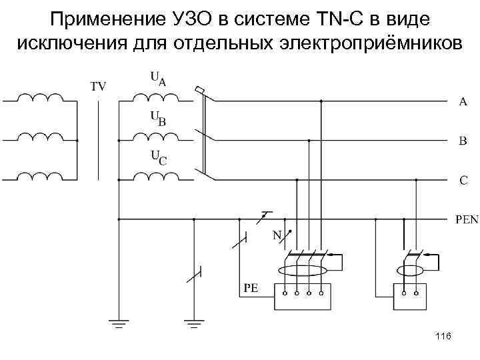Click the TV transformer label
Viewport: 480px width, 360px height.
point(98,86)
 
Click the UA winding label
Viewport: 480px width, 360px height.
point(158,79)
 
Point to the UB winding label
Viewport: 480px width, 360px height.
point(158,119)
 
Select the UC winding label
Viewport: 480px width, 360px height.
point(158,158)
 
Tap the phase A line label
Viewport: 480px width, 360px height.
point(463,102)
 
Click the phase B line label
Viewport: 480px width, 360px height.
point(463,141)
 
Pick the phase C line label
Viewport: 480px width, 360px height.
point(463,180)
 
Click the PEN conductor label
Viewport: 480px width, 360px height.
point(466,219)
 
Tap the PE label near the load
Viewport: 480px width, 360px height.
point(251,289)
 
